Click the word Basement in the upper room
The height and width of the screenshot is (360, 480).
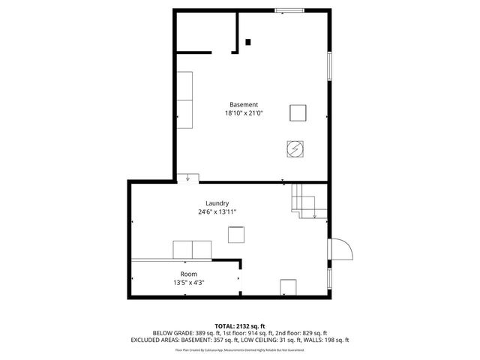point(244,104)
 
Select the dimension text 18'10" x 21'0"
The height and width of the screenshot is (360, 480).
point(244,113)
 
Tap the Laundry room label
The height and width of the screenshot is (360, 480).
point(217,203)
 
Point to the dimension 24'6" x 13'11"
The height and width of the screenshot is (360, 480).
point(217,212)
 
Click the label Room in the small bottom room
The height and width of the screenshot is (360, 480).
point(188,274)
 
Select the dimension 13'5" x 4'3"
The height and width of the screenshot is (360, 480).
point(188,283)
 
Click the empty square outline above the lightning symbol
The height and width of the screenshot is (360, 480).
point(298,112)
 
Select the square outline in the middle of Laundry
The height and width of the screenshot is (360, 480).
point(236,234)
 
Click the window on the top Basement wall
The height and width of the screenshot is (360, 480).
point(289,10)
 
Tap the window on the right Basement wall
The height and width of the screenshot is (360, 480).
point(329,67)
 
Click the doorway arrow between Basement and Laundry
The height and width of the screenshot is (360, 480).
point(187,178)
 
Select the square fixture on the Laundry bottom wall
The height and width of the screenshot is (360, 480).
point(289,288)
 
